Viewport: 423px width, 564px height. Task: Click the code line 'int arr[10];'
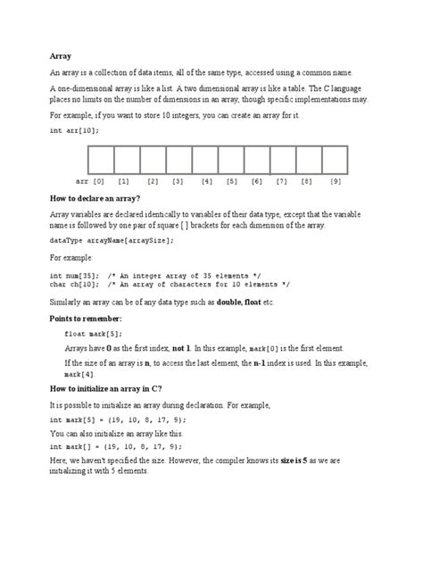pyautogui.click(x=76, y=130)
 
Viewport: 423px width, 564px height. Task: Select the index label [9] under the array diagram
pyautogui.click(x=336, y=181)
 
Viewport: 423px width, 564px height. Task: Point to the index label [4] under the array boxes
pyautogui.click(x=207, y=181)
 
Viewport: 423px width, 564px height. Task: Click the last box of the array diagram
pyautogui.click(x=335, y=159)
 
